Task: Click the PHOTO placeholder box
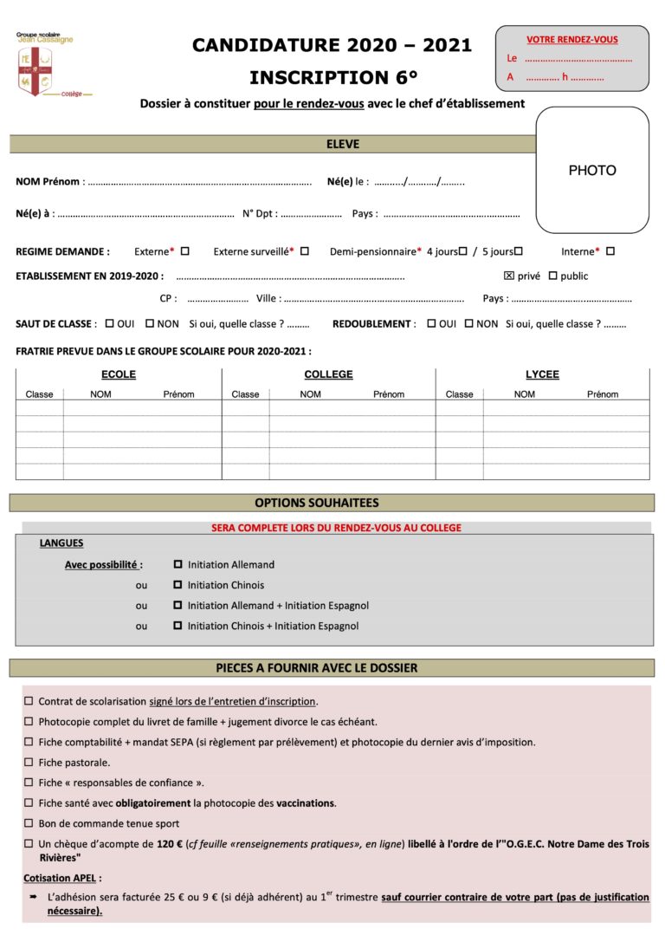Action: pos(592,171)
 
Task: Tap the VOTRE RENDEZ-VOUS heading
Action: pos(571,40)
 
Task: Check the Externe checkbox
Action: pos(184,251)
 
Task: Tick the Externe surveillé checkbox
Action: pos(305,251)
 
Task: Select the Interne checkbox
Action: pos(610,251)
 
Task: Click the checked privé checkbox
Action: pos(509,276)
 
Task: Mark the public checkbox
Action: pos(553,276)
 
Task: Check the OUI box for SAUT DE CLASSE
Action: pos(109,323)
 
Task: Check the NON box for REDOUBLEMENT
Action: pos(468,323)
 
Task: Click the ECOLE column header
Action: pos(119,374)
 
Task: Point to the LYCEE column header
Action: pos(542,374)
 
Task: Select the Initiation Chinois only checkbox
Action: pos(178,585)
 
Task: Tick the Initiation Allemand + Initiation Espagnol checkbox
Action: pos(178,606)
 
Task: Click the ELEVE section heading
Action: pos(343,145)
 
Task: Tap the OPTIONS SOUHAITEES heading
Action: pos(317,503)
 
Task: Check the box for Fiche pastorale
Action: pos(29,763)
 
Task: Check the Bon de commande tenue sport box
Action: pos(29,823)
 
